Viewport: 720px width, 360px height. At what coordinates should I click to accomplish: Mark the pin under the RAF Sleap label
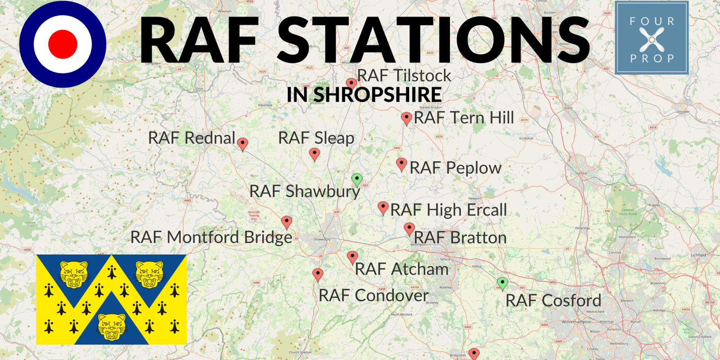point(315,154)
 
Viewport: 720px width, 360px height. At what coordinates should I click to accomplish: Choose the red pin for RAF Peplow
point(401,164)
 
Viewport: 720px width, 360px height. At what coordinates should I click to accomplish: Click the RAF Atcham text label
point(401,269)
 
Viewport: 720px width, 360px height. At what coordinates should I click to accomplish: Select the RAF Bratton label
point(460,238)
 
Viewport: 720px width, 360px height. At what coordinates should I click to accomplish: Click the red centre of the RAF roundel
point(63,44)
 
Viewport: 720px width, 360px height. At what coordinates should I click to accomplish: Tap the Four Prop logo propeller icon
point(652,39)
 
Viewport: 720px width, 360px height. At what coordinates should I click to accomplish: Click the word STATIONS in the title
point(432,40)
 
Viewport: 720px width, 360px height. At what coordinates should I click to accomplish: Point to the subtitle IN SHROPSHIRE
point(364,95)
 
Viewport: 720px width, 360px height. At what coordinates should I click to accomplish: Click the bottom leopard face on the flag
point(112,326)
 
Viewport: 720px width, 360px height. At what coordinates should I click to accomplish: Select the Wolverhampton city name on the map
point(576,322)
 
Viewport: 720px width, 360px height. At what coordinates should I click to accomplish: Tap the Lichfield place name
point(698,255)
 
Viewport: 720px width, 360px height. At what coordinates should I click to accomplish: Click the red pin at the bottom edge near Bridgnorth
point(474,353)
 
